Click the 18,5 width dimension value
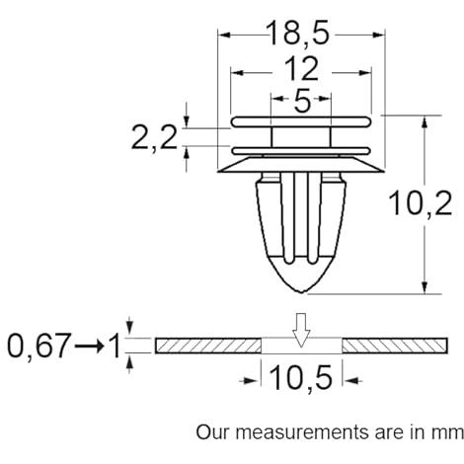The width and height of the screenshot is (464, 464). pyautogui.click(x=298, y=34)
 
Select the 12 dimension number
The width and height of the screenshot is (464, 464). pyautogui.click(x=301, y=69)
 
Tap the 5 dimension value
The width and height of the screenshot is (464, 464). pyautogui.click(x=302, y=101)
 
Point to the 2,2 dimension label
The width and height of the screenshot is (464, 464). pyautogui.click(x=154, y=138)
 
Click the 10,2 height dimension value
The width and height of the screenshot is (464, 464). pyautogui.click(x=421, y=203)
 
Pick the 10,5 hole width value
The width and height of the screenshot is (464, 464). pyautogui.click(x=301, y=378)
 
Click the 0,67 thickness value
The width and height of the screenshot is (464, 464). pyautogui.click(x=39, y=346)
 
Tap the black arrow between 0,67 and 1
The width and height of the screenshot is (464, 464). pyautogui.click(x=89, y=346)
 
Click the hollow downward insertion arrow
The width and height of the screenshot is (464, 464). pyautogui.click(x=301, y=330)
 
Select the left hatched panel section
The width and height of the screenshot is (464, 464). pyautogui.click(x=208, y=346)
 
